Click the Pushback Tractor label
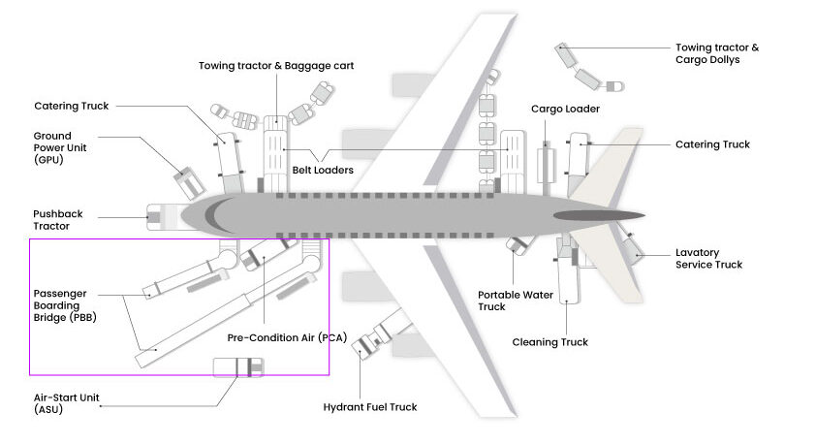52,219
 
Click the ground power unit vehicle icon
188,181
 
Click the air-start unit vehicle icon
236,367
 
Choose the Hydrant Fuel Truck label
370,407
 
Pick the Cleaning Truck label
549,342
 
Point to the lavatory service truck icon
631,251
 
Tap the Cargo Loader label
565,109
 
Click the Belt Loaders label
323,170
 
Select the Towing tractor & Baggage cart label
276,66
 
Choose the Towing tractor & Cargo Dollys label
717,53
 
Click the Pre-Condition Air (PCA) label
287,337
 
